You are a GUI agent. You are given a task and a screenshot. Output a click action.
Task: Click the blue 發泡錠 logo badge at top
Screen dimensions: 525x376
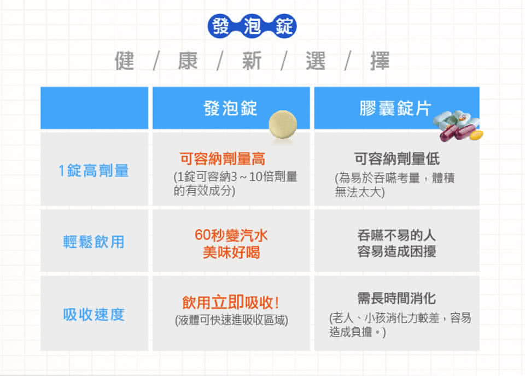click(x=252, y=26)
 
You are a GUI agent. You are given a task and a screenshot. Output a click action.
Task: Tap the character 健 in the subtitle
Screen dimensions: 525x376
click(x=124, y=61)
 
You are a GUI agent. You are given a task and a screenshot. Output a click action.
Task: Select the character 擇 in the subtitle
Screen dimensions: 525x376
click(x=380, y=61)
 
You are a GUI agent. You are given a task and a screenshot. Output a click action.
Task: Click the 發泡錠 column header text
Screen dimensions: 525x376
click(x=230, y=108)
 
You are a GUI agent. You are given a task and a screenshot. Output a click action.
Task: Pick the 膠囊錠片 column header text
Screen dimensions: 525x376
click(x=395, y=108)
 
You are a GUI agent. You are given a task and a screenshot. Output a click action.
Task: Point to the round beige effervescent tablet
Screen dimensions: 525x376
click(x=283, y=125)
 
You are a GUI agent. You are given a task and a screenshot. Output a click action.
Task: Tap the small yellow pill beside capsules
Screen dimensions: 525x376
click(x=476, y=135)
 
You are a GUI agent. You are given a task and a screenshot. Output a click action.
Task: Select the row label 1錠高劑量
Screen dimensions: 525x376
click(x=94, y=171)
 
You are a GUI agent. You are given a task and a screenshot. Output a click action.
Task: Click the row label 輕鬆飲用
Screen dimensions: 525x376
click(x=94, y=242)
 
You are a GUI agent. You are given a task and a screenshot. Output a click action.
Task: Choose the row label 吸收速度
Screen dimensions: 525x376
click(x=94, y=314)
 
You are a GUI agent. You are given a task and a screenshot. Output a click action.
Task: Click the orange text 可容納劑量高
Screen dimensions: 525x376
click(x=223, y=158)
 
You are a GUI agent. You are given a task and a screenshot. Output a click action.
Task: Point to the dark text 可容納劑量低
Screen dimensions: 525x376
click(x=397, y=158)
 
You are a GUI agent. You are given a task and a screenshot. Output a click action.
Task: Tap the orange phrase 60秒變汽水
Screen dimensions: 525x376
click(x=231, y=235)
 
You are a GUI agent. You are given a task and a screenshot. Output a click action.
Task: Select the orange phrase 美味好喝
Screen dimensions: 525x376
click(x=231, y=252)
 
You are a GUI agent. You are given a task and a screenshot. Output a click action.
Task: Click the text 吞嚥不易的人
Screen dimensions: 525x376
click(x=396, y=235)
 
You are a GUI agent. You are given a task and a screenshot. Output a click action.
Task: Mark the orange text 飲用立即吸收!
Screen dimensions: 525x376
click(x=231, y=302)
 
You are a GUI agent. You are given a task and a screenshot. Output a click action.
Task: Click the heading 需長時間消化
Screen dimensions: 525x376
click(x=396, y=298)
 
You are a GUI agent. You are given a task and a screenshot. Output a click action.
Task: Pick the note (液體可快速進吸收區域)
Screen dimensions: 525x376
click(x=231, y=320)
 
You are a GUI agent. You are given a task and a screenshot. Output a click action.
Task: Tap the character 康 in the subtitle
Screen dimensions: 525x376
click(x=188, y=61)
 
